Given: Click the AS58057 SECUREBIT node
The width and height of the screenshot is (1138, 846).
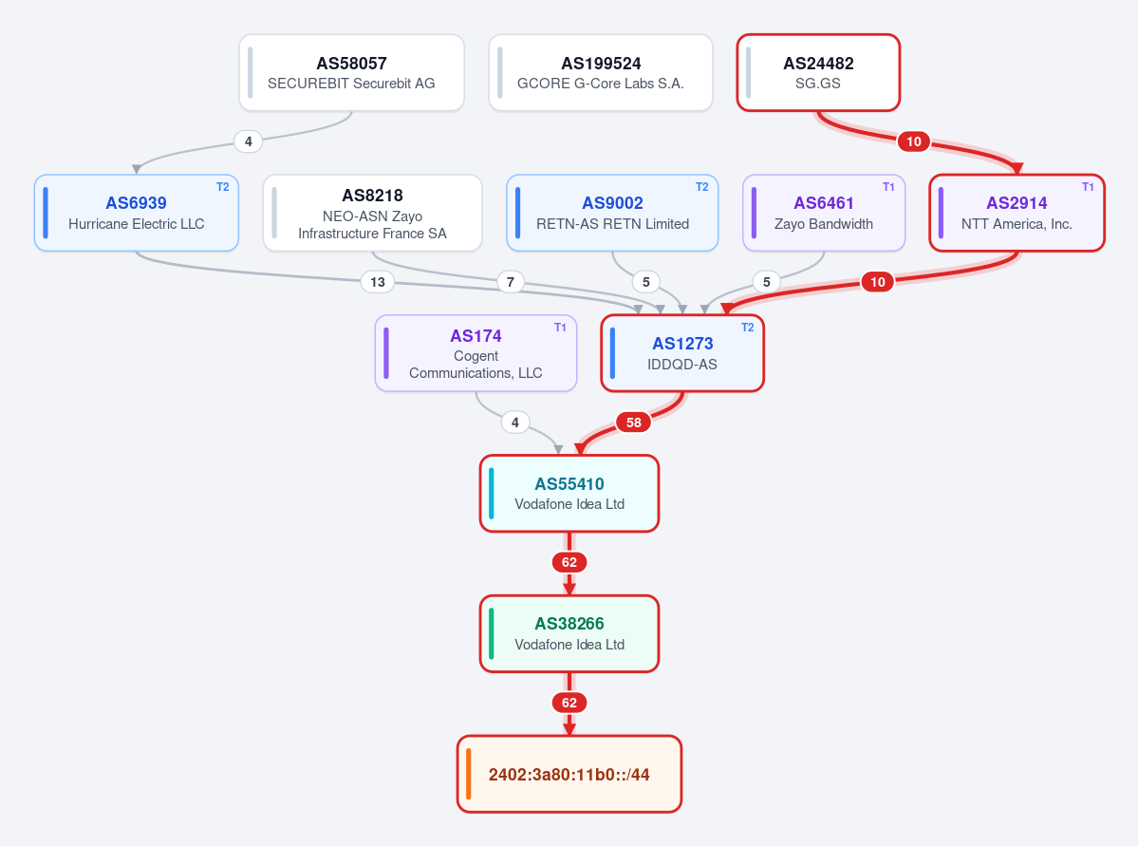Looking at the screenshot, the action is coord(351,72).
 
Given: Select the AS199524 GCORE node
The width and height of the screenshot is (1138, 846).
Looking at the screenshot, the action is coord(601,72).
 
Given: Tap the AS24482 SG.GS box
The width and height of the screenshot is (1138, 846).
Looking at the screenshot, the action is coord(818,72).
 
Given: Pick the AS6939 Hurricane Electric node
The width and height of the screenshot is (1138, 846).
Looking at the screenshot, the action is coord(137,213).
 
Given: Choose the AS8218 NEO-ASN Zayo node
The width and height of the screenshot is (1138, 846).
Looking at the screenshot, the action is coord(372,213).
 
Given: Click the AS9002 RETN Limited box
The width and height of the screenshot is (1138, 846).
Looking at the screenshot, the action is coord(612,213).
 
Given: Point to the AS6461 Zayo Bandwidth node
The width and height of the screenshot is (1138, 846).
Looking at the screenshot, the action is coord(824,213).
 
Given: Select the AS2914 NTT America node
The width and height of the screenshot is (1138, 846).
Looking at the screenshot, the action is coord(1017,213).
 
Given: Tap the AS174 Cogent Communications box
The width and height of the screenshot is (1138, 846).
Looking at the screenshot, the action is coord(476,353).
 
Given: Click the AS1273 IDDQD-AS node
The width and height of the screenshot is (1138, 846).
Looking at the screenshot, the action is coord(682,353).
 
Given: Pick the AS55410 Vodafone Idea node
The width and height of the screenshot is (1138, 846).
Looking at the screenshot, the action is coord(569,493).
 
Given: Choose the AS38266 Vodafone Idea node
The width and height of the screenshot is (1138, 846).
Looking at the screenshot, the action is coord(569,633).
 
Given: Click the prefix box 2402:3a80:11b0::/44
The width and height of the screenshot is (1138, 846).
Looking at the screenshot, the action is coord(569,774).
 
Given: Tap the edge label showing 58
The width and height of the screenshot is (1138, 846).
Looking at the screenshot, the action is coord(634,422).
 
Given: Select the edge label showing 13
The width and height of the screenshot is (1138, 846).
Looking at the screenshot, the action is coord(378,282).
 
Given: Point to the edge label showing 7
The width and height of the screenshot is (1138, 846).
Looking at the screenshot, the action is coord(511,282).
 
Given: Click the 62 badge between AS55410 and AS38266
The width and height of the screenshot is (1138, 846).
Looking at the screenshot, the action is coord(569,562).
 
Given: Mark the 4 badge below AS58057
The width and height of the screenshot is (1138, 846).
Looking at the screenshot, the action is coord(249,141).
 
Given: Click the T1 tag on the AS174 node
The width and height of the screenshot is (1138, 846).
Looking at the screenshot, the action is coord(560,328).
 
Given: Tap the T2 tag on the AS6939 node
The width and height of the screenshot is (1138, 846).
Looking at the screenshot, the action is coord(223,187).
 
